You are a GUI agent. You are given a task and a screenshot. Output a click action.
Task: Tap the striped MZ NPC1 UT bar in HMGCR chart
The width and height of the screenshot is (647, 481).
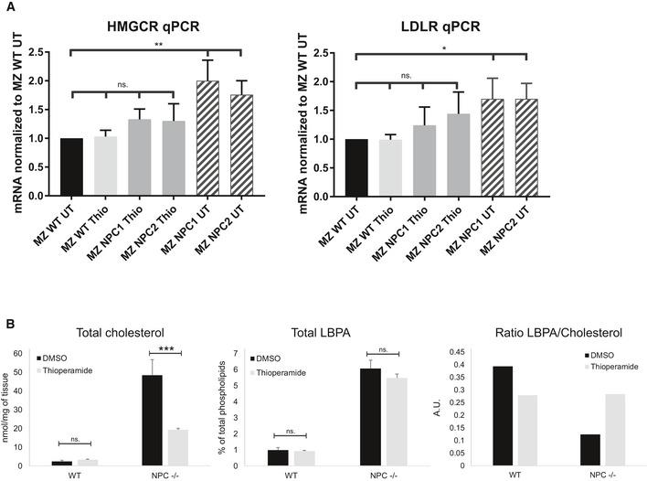coord(210,138)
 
